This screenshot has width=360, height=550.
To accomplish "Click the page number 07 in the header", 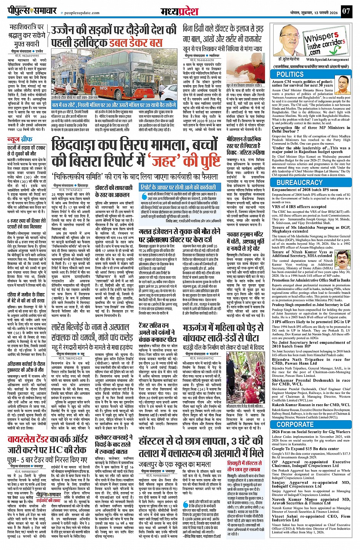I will [x=346, y=11].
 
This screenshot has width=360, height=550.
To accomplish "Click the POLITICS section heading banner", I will [x=290, y=75].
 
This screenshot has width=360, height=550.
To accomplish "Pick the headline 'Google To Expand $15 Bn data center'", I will [x=305, y=449].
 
